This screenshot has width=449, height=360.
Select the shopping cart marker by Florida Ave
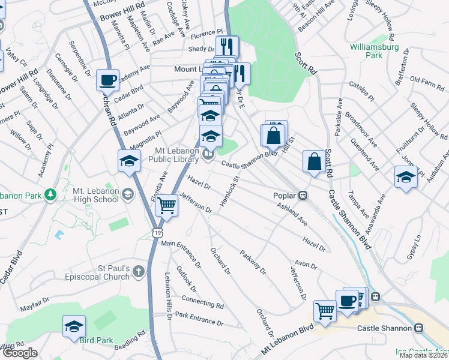pos(167,206)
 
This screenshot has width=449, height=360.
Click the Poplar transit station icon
pos(304,195)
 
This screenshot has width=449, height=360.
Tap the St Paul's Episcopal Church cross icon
pos(139,272)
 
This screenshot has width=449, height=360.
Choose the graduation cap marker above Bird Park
pos(74,326)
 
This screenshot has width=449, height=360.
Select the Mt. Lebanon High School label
pos(95,195)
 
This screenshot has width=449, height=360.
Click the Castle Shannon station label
pos(384,328)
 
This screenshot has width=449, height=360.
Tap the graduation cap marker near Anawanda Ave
pos(406,177)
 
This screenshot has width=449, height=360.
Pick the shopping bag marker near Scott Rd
pos(314,161)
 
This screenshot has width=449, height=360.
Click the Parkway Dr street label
pos(253,262)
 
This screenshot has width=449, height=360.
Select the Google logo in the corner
pos(19,353)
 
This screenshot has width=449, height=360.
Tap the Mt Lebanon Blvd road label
pos(288,340)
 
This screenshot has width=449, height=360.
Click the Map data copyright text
pos(423,356)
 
